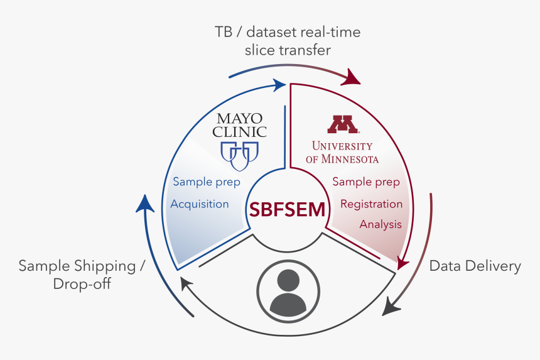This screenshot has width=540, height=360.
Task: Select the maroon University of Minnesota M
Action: (342, 124)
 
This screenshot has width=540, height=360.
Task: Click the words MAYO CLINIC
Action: (239, 125)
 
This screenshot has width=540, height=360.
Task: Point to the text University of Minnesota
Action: (342, 151)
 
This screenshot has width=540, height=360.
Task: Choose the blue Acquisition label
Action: (200, 204)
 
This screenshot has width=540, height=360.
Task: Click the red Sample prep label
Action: (366, 182)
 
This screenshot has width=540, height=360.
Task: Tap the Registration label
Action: (371, 204)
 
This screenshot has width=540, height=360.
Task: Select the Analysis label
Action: (381, 224)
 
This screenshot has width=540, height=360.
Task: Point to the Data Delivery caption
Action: (475, 266)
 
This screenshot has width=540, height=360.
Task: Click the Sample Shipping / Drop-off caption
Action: (82, 275)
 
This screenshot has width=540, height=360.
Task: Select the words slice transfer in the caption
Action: (288, 49)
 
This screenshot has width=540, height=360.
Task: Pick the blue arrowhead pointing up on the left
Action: (145, 203)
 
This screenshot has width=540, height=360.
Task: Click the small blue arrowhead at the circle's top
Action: (278, 84)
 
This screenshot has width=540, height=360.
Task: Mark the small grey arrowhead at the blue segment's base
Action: (186, 284)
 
